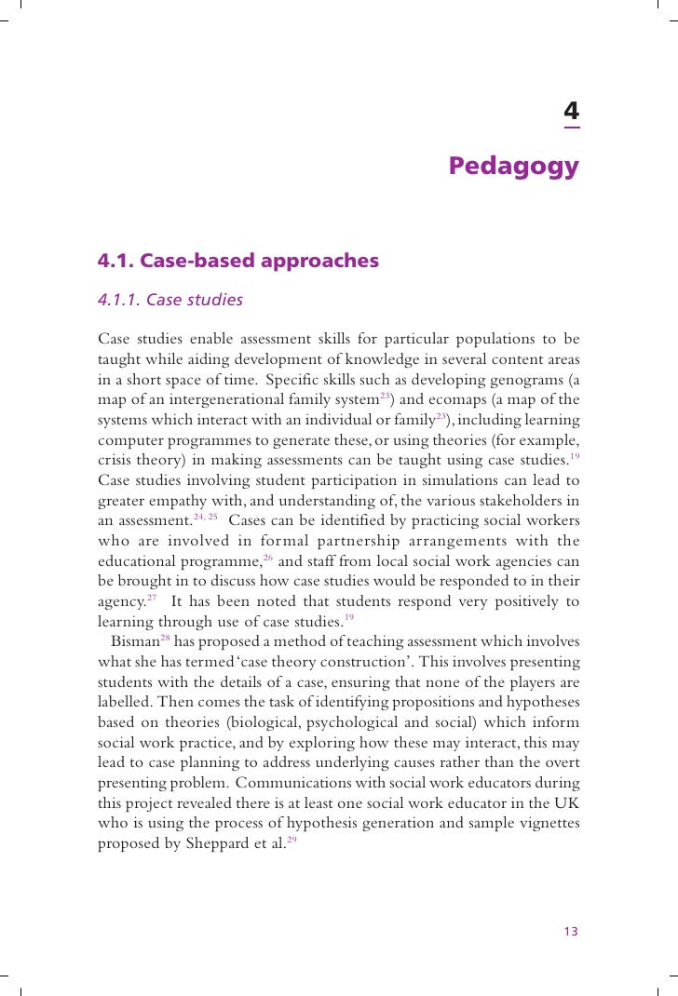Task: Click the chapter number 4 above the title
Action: click(x=571, y=114)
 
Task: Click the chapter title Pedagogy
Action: click(x=513, y=166)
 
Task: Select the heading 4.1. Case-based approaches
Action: click(x=238, y=261)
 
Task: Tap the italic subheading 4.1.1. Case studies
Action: click(x=170, y=300)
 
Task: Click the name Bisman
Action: click(x=134, y=641)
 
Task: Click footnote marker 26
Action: click(x=267, y=557)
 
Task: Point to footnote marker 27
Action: click(x=152, y=598)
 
